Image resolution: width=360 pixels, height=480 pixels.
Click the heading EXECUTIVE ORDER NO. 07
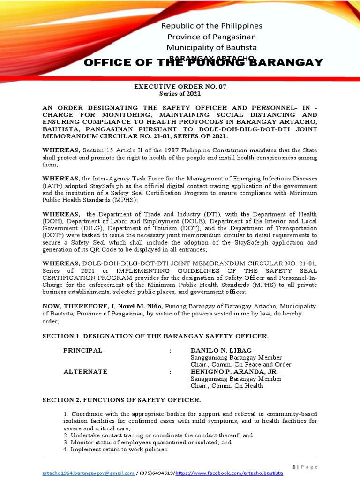coord(180,87)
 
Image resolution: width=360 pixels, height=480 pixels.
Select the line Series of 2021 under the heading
coord(180,94)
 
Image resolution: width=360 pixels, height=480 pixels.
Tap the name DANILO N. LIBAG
coord(221,351)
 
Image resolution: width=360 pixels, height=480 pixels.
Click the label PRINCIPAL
coord(83,351)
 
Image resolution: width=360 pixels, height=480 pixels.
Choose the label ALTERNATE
coord(85,372)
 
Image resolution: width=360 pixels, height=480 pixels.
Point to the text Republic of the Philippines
coord(212,26)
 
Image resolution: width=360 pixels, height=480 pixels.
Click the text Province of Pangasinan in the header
coord(212,37)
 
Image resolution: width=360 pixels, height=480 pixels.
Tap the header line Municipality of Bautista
coord(212,47)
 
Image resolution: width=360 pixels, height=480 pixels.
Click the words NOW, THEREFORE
coord(66,306)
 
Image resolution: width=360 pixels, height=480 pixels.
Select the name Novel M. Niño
coord(140,306)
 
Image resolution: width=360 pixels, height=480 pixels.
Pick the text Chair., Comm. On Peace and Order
coord(241,365)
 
